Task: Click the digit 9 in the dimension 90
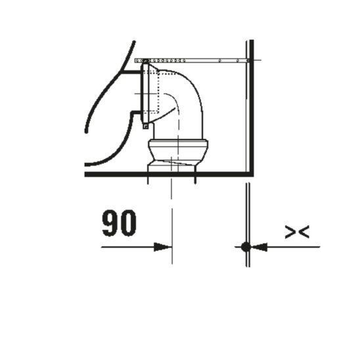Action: pos(110,223)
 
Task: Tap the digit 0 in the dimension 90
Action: pos(128,223)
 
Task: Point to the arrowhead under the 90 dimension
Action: pos(162,247)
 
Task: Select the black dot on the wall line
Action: pos(245,247)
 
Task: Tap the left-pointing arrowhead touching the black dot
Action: pos(259,247)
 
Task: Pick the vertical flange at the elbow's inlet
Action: pos(146,92)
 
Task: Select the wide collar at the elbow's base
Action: pos(178,146)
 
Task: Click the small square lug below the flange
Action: pos(145,125)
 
